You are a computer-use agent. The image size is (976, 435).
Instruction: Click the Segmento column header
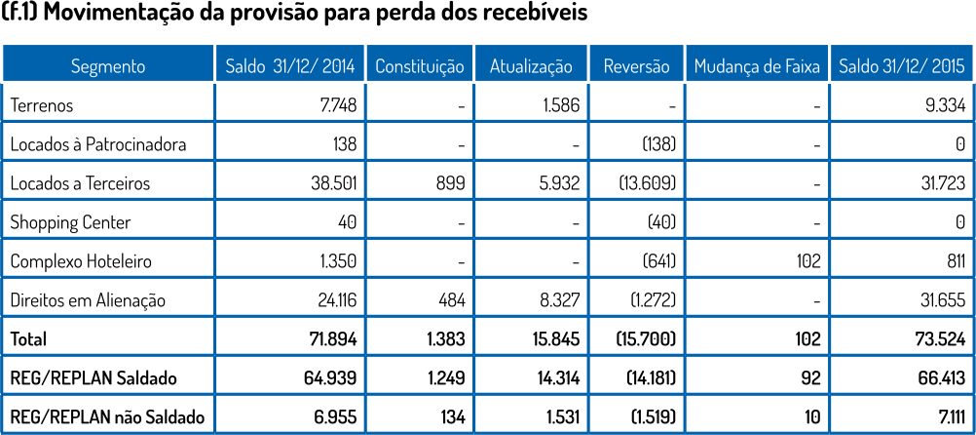coord(108,66)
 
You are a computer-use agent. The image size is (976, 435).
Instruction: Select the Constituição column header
coord(420,66)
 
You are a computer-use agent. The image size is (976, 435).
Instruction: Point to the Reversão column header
coord(637,66)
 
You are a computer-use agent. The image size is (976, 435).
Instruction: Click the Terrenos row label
coord(42,105)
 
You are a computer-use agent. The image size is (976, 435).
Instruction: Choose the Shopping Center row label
coord(70,222)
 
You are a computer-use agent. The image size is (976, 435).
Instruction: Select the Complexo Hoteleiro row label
coord(81,261)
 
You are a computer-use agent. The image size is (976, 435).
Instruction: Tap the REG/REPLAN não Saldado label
coord(108,417)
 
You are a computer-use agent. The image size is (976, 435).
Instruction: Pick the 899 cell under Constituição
coord(451,183)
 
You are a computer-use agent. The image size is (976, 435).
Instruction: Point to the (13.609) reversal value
coord(646,183)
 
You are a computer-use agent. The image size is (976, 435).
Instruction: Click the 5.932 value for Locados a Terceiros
coord(558,183)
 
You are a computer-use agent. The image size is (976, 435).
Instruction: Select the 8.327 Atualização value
coord(559,300)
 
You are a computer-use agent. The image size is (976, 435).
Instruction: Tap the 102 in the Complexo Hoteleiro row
coord(808,261)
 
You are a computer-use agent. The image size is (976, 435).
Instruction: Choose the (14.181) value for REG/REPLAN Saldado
coord(646,378)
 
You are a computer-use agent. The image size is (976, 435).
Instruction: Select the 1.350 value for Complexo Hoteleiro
coord(337,261)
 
